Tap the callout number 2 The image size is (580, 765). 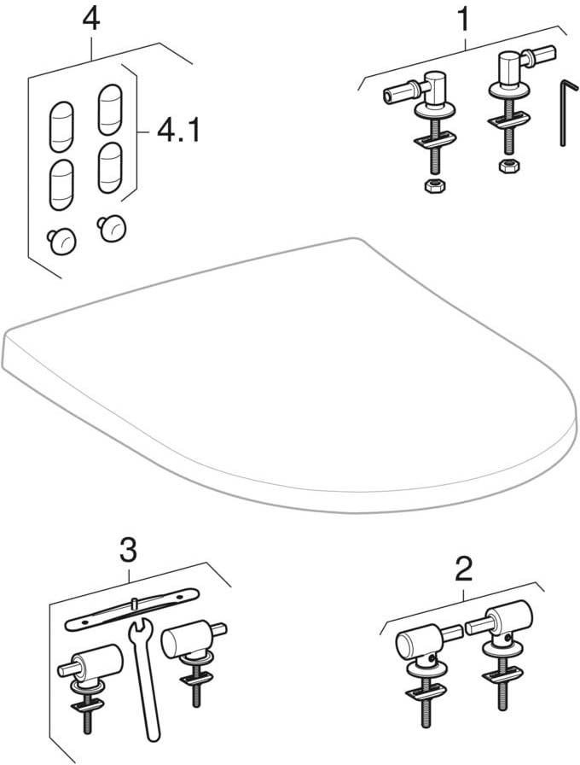point(462,567)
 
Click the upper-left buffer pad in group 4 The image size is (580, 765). point(61,122)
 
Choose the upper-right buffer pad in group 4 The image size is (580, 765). point(112,108)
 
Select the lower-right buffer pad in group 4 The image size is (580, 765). point(112,166)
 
